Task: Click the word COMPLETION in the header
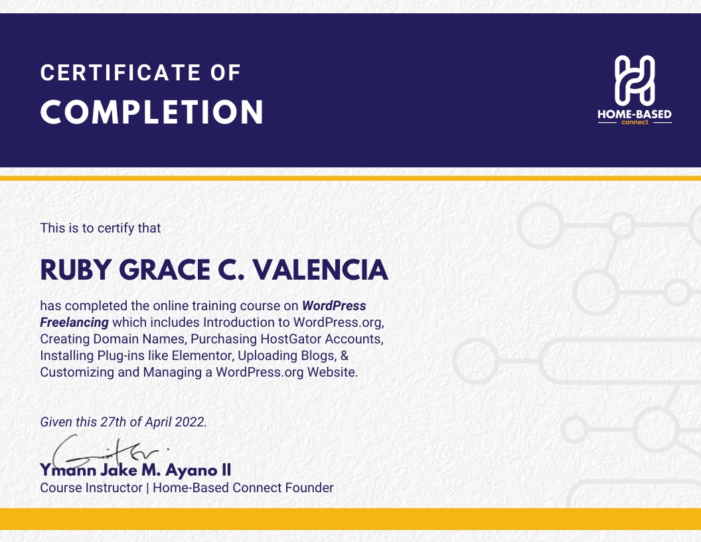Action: [152, 112]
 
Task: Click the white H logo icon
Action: [635, 80]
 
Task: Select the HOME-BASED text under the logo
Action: [635, 114]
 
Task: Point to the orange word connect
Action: [635, 122]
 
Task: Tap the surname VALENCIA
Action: [321, 270]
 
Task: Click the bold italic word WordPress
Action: [334, 306]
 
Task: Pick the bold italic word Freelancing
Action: [74, 322]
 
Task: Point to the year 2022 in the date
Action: [190, 422]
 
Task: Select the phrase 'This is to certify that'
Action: [101, 228]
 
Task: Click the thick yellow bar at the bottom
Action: [350, 519]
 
